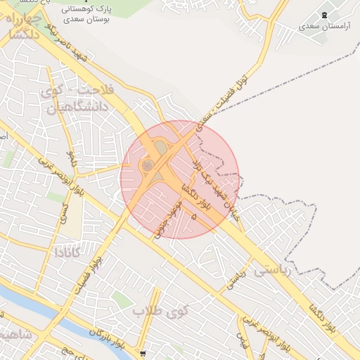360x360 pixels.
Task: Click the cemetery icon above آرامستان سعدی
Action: (x=323, y=15)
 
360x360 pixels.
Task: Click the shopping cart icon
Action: (x=143, y=353)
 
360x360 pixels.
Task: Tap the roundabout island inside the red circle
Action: (x=148, y=165)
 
